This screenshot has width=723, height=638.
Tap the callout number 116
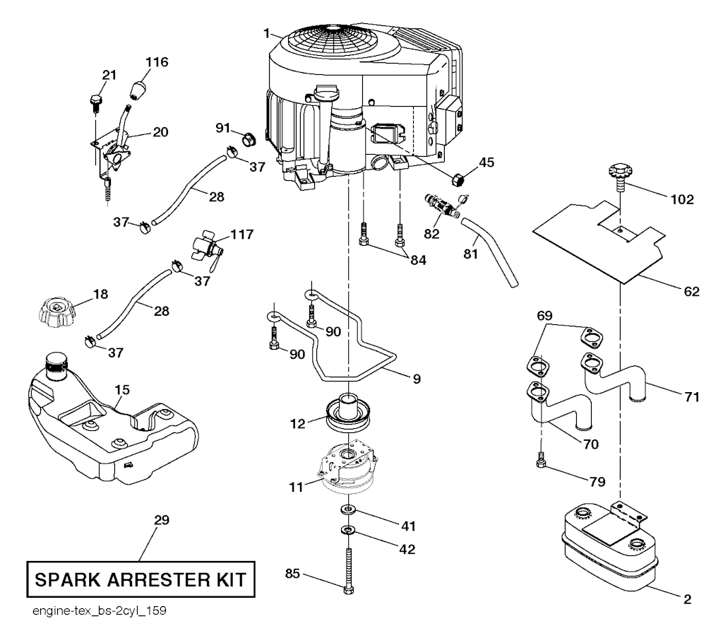point(157,62)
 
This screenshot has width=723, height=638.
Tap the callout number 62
point(691,290)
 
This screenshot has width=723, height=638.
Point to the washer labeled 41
point(347,510)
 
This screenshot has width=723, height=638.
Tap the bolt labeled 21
point(95,103)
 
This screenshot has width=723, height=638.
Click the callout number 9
point(417,379)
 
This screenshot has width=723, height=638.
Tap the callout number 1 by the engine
point(267,32)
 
